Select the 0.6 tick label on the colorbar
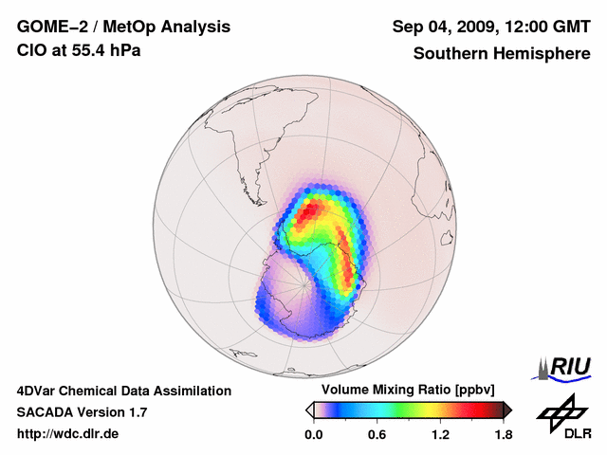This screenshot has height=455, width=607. pos(377,435)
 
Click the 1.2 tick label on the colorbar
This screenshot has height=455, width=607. pos(440,435)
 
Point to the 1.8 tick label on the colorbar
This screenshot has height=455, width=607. pos(503,435)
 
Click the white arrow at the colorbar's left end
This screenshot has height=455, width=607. pos(309,409)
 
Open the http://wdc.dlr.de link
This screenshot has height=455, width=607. pos(68,435)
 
